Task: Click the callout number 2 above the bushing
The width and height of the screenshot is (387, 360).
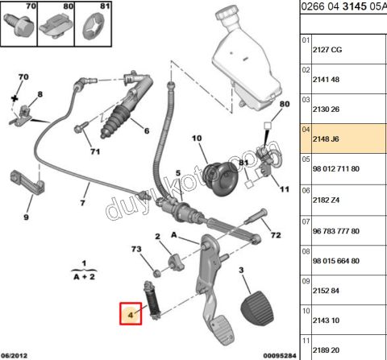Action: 158,236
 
